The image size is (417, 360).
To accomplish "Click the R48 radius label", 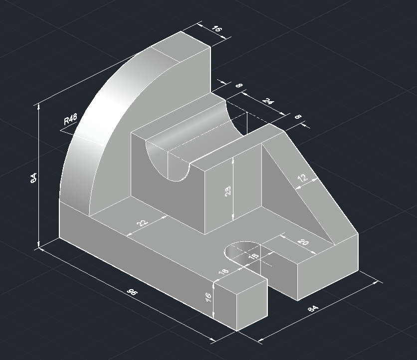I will point(71,120).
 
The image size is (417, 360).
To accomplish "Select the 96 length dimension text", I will point(132,293).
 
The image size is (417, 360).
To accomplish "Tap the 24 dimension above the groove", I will point(268,102).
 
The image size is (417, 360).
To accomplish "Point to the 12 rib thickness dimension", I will point(303,179).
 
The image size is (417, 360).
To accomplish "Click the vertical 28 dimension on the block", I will point(228,191).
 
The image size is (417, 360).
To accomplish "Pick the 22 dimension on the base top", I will point(142,223).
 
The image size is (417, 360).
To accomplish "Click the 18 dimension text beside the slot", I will point(223,272).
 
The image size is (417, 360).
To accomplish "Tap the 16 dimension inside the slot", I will point(253,256).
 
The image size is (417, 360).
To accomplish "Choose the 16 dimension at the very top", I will point(216,29).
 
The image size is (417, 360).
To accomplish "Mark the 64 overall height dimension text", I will point(33,178).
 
